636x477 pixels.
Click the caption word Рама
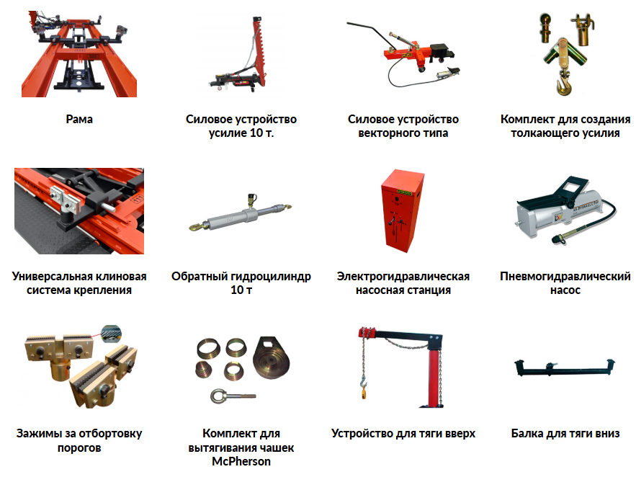pyautogui.click(x=79, y=120)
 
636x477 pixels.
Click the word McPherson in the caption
pyautogui.click(x=241, y=462)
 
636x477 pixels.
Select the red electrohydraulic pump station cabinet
pyautogui.click(x=402, y=211)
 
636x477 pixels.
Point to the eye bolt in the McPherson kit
pyautogui.click(x=232, y=396)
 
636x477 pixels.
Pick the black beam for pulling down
pyautogui.click(x=565, y=367)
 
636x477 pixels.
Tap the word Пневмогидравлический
pyautogui.click(x=565, y=277)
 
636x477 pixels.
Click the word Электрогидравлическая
pyautogui.click(x=403, y=277)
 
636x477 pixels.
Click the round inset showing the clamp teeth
pyautogui.click(x=111, y=334)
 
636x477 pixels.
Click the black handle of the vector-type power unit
pyautogui.click(x=369, y=32)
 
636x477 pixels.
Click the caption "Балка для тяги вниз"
pyautogui.click(x=565, y=434)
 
